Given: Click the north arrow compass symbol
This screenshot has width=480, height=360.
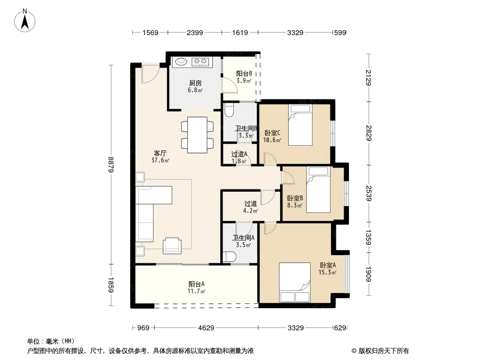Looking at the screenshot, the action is (x=25, y=21).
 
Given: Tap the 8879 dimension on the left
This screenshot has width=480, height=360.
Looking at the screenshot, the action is (x=111, y=165).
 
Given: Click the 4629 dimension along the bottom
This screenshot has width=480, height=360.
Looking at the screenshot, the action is (x=206, y=328).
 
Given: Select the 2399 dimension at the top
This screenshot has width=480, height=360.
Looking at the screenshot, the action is (x=195, y=32).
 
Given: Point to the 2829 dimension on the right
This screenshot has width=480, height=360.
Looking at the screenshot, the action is (x=369, y=133).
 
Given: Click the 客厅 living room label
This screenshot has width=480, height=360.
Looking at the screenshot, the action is (x=160, y=153).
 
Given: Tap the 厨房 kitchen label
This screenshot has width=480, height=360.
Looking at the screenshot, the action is (x=195, y=83).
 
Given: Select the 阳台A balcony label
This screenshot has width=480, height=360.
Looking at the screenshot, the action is (x=196, y=284).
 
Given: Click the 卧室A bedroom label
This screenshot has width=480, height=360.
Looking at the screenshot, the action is (x=328, y=265).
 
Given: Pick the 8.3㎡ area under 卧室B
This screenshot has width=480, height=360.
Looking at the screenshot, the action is (x=294, y=205).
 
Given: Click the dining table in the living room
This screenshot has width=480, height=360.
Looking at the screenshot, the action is (x=198, y=135).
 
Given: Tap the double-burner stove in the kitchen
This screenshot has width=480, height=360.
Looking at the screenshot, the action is (x=200, y=62).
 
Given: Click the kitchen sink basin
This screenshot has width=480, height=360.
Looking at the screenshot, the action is (x=181, y=62).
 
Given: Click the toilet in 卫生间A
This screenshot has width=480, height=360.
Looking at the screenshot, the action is (x=229, y=257).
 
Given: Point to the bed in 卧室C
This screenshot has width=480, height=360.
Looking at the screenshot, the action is (x=300, y=125).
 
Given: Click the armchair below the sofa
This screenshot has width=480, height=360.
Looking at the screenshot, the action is (x=172, y=246).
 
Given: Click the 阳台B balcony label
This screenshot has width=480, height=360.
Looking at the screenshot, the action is (x=244, y=74).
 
